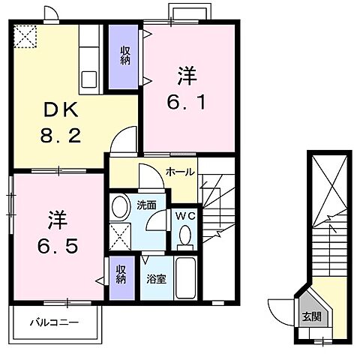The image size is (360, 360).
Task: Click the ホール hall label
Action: [181, 172]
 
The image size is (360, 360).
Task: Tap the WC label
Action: [184, 216]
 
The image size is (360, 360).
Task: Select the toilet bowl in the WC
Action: [184, 237]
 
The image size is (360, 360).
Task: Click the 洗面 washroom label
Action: [146, 204]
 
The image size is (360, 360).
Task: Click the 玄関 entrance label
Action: [312, 316]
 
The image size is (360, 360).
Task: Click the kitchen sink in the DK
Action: [89, 77]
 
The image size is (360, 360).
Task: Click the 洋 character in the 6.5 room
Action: [58, 220]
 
